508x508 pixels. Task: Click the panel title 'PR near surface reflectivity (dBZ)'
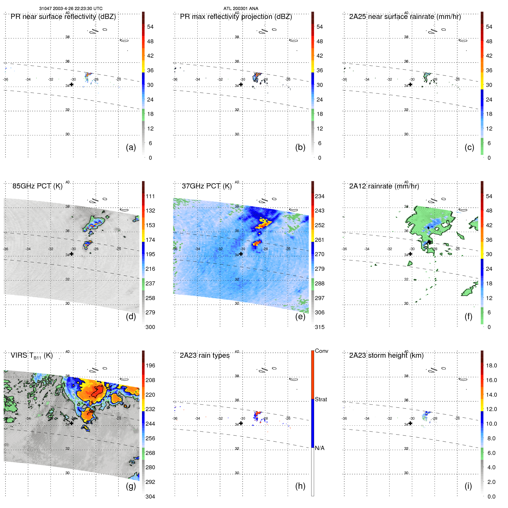pos(63,17)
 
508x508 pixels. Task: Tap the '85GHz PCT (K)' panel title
pos(37,186)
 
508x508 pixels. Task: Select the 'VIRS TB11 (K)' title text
pos(32,356)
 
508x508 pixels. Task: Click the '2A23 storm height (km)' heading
pos(386,355)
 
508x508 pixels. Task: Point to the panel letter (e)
pos(300,316)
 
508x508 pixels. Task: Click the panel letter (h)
pos(300,486)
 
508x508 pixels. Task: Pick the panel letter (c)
pos(469,147)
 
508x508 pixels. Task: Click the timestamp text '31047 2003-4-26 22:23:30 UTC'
pos(71,9)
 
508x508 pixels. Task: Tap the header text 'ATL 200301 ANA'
pos(241,9)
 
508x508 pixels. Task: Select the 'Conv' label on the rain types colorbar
pos(321,351)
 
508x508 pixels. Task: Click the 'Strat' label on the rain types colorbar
pos(321,399)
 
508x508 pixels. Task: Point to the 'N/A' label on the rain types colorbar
pos(320,448)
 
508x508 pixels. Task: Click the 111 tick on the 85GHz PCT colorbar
pos(150,196)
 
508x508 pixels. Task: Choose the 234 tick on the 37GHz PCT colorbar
pos(320,196)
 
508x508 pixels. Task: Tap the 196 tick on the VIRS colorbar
pos(150,365)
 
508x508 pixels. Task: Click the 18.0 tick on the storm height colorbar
pos(491,365)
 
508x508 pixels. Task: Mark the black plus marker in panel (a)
pos(71,84)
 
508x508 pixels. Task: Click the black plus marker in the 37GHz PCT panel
pos(241,254)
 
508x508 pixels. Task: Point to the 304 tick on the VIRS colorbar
pos(150,497)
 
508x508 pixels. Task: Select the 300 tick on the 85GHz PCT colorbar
pos(150,327)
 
